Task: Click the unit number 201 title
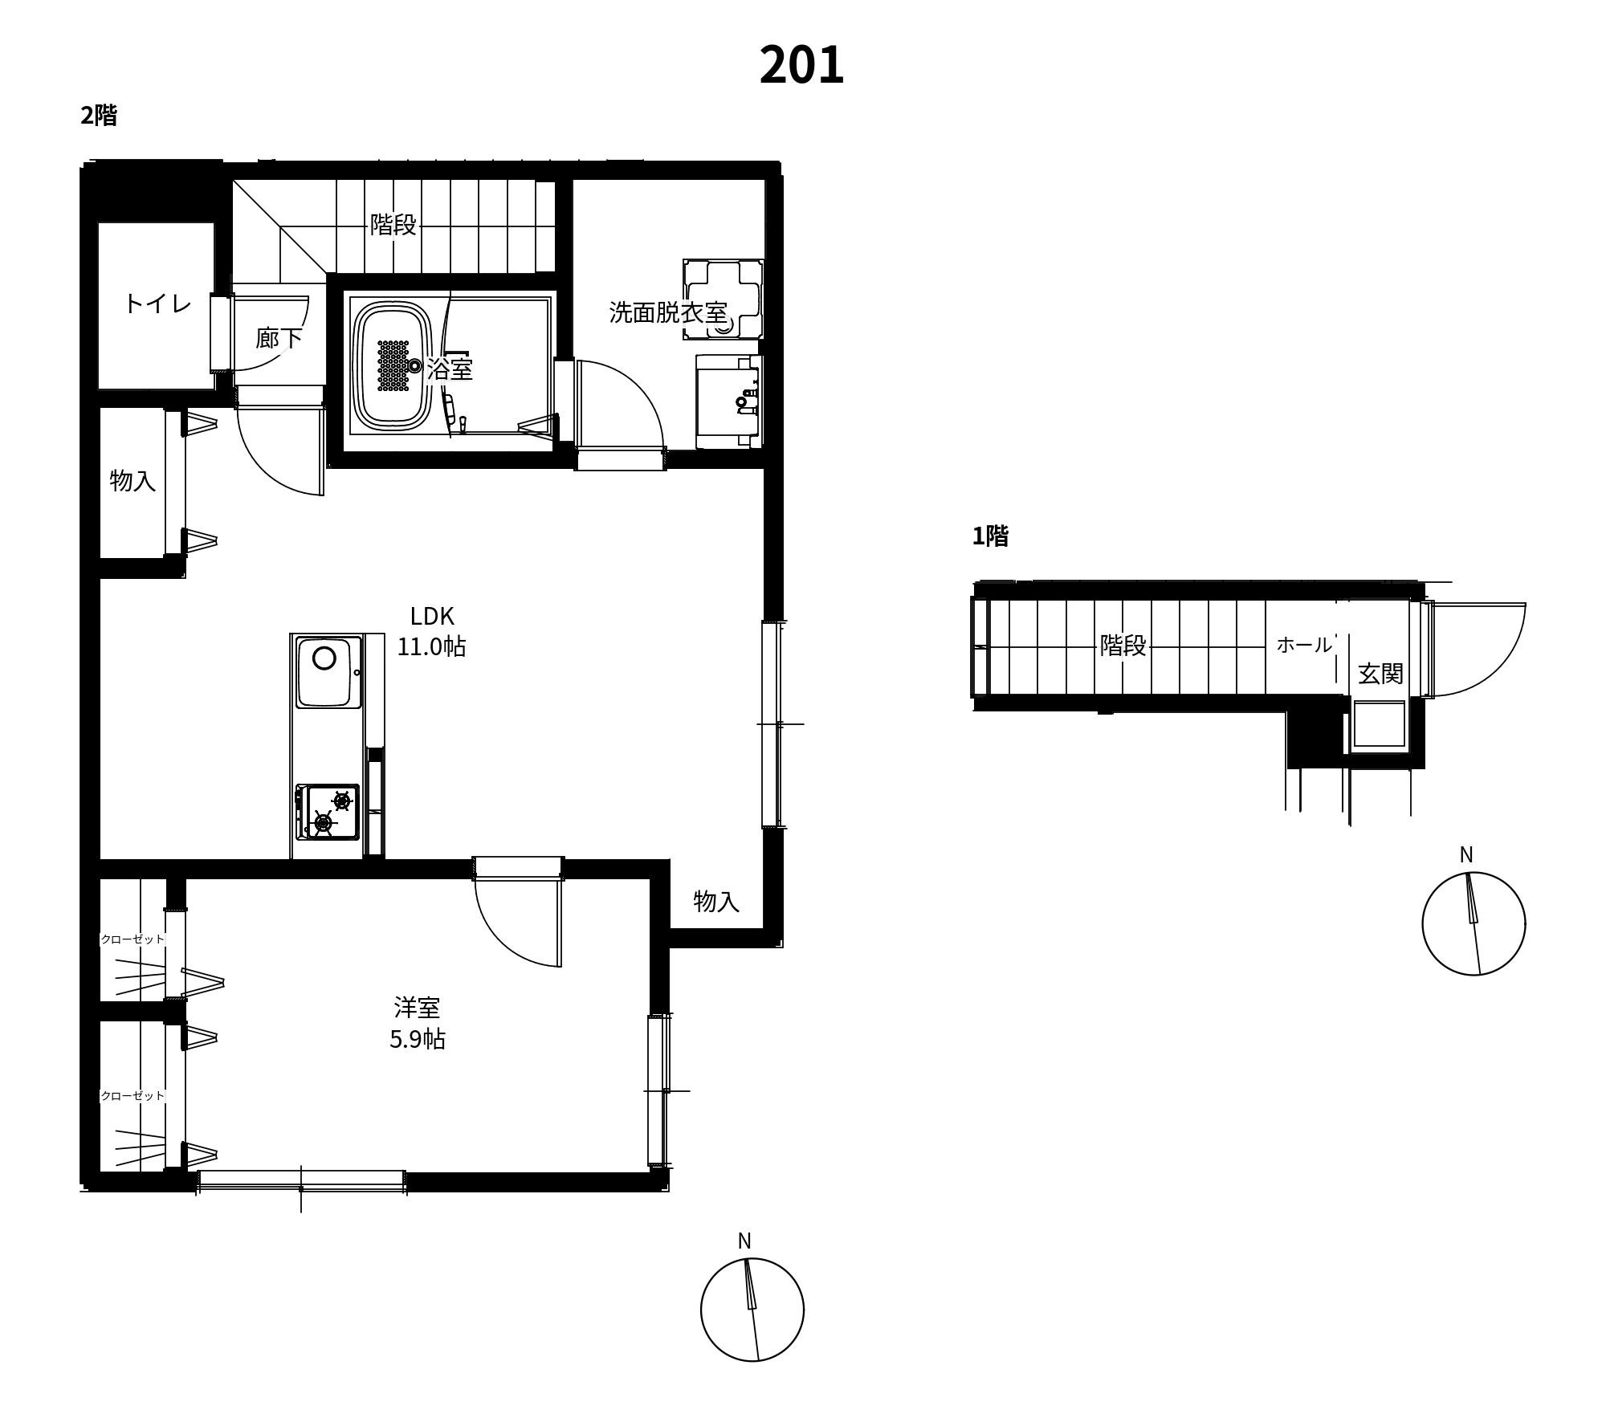pos(801,65)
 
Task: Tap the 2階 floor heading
pos(99,116)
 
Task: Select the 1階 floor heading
pos(990,536)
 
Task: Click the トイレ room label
pos(157,304)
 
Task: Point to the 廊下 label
pos(279,338)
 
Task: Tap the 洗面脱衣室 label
pos(668,312)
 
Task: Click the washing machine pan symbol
pos(723,299)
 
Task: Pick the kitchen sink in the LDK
pos(328,671)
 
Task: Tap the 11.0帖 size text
pos(431,646)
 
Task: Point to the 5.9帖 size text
pos(418,1039)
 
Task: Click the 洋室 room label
pos(417,1007)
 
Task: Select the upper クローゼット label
pos(132,939)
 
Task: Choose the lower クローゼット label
pos(132,1095)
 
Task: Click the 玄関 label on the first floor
pos(1380,674)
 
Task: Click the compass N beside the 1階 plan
pos(1466,855)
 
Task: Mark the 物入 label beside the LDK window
pos(716,901)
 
